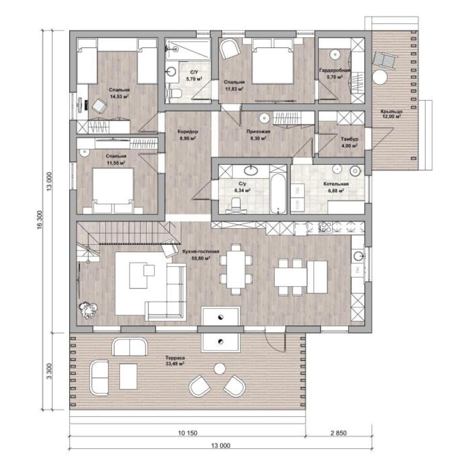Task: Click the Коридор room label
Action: [x=188, y=131]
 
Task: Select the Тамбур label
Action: [x=349, y=139]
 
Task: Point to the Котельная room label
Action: [x=336, y=184]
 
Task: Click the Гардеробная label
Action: [x=335, y=70]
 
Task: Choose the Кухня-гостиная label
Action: [x=201, y=252]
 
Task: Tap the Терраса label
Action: [x=175, y=358]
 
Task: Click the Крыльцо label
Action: [x=392, y=112]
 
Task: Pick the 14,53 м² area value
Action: [x=119, y=97]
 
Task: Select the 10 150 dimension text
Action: [x=188, y=433]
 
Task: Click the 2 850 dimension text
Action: [x=338, y=433]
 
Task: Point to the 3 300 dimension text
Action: [x=49, y=371]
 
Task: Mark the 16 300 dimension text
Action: [x=40, y=220]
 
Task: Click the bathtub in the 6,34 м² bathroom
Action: [x=278, y=194]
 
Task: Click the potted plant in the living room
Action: [x=88, y=310]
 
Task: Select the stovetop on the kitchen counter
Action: [x=326, y=227]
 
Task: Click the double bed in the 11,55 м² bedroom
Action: [x=113, y=190]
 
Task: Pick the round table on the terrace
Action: [x=220, y=369]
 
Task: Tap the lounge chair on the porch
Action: [x=385, y=60]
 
